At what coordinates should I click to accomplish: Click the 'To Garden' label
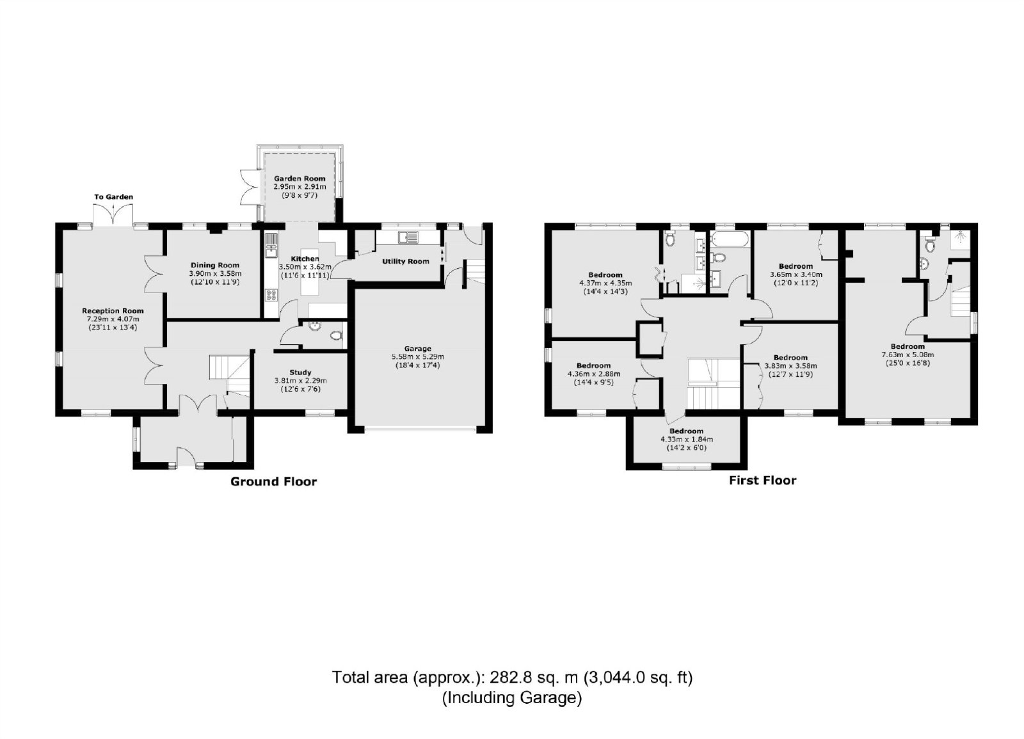(113, 197)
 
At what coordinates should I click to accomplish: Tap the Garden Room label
(300, 179)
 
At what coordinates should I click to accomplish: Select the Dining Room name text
(215, 265)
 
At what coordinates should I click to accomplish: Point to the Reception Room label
(113, 311)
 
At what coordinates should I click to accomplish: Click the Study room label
(300, 372)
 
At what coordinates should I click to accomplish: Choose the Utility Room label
(406, 262)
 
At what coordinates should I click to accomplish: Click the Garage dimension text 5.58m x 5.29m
(417, 357)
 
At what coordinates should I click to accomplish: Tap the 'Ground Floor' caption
(273, 481)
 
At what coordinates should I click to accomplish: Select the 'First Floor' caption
(762, 481)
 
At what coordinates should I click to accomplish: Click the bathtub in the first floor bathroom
(729, 239)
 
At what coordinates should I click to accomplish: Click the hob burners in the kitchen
(271, 295)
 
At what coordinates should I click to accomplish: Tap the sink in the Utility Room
(408, 237)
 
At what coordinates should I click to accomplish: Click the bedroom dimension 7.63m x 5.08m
(908, 354)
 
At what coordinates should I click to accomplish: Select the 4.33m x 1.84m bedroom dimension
(687, 439)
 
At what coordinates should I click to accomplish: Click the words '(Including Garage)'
(511, 697)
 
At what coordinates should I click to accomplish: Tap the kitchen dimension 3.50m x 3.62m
(305, 267)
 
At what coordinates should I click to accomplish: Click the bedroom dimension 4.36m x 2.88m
(594, 374)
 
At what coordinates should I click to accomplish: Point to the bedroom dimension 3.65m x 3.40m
(796, 274)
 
